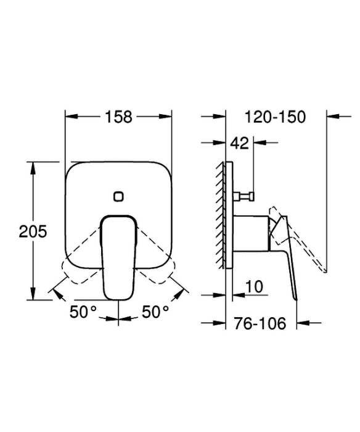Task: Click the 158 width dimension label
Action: (x=118, y=117)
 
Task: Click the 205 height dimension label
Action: (x=33, y=231)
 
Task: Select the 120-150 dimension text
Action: (x=275, y=117)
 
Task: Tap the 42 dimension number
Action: (x=239, y=143)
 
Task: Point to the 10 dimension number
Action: (x=254, y=287)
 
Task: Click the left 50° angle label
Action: (x=83, y=312)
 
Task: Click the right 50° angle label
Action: (x=155, y=312)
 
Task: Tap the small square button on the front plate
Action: (x=118, y=196)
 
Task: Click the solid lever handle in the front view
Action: (x=118, y=257)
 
